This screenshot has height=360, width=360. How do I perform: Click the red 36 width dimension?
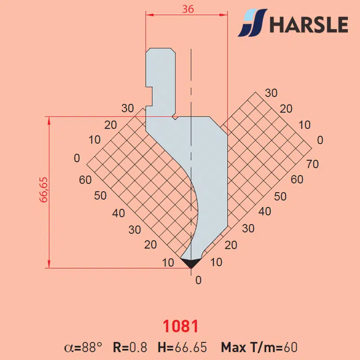(x=188, y=9)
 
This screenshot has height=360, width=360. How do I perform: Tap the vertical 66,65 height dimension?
(x=43, y=190)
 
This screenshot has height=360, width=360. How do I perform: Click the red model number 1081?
(x=180, y=326)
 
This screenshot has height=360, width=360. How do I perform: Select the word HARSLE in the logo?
(x=309, y=25)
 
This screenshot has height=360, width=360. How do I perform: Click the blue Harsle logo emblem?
(x=252, y=22)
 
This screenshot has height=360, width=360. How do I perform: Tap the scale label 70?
(x=312, y=164)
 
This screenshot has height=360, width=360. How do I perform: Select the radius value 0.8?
(x=138, y=347)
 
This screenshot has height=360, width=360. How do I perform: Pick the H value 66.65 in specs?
(x=191, y=347)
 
